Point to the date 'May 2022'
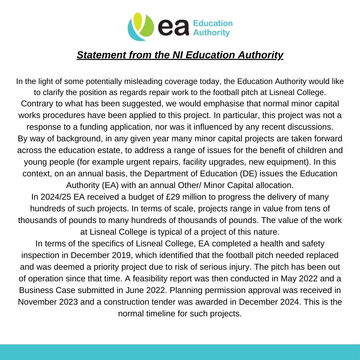point(292,278)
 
